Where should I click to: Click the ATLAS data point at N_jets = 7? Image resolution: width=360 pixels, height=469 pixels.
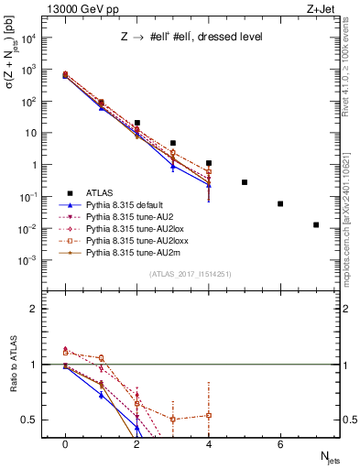point(316,224)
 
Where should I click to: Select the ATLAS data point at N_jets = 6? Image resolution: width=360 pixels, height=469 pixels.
point(280,203)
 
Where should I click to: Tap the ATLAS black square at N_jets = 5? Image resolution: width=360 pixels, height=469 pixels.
point(245,182)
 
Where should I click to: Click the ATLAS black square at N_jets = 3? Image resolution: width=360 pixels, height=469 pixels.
point(173,143)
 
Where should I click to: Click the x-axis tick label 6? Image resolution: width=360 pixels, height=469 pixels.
point(280,444)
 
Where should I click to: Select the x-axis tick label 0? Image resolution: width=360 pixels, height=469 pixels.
point(65,444)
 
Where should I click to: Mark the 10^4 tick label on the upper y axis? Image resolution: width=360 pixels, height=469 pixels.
point(28,38)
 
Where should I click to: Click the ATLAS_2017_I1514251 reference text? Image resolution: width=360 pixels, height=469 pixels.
point(189,274)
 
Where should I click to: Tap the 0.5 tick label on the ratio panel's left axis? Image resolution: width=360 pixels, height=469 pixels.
point(27,420)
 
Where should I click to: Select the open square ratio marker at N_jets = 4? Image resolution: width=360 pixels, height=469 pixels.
point(209,415)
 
